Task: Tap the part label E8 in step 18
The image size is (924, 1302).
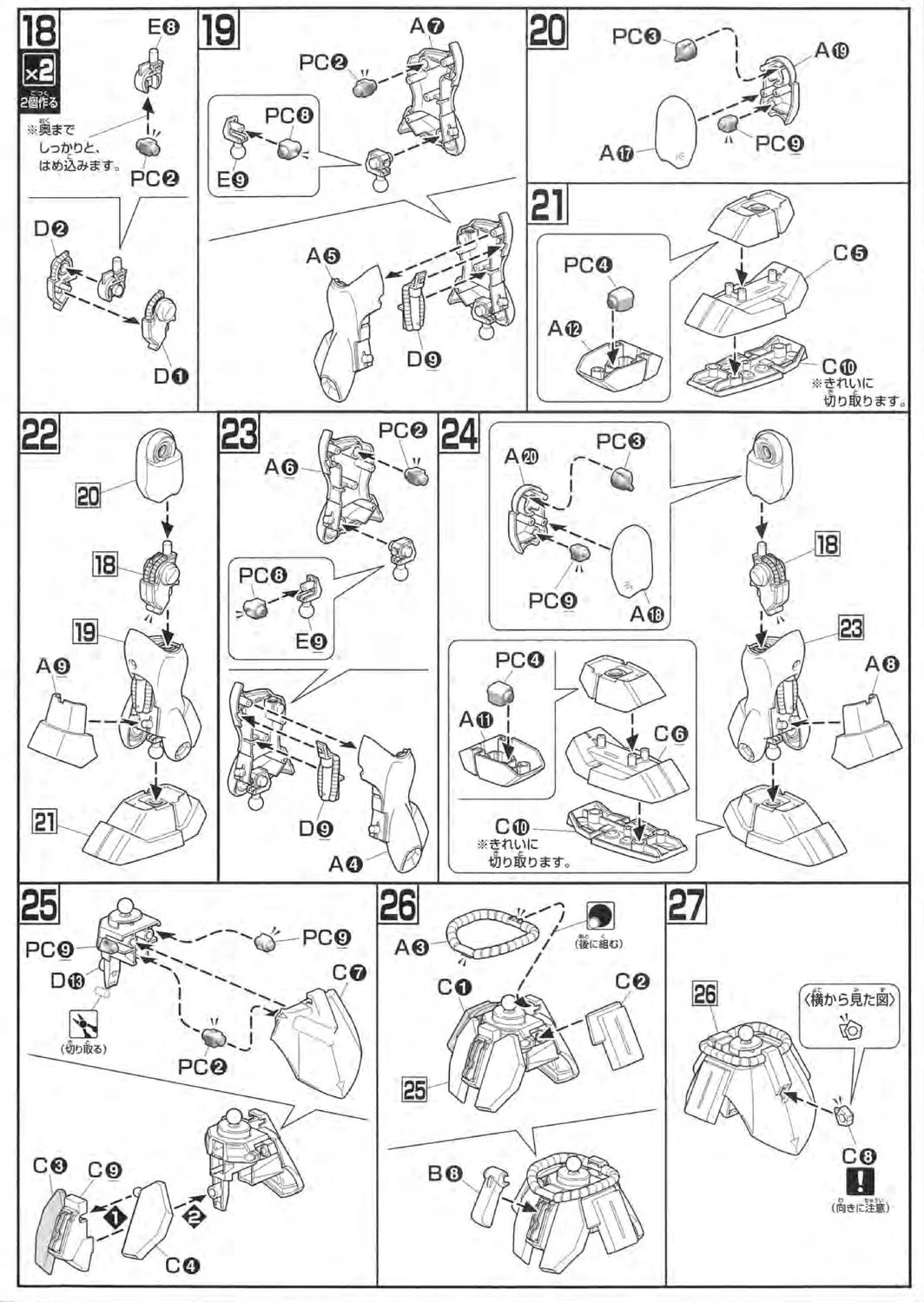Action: pyautogui.click(x=162, y=28)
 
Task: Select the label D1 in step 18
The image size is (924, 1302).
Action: pyautogui.click(x=171, y=376)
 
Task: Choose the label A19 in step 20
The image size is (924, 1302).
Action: pyautogui.click(x=831, y=50)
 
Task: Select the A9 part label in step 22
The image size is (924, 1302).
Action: pyautogui.click(x=54, y=667)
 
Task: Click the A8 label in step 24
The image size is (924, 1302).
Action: pyautogui.click(x=882, y=664)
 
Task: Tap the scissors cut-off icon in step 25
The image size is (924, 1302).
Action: pyautogui.click(x=84, y=1025)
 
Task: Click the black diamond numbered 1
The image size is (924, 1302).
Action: pyautogui.click(x=114, y=1219)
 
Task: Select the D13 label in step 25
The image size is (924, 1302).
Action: pyautogui.click(x=69, y=981)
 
